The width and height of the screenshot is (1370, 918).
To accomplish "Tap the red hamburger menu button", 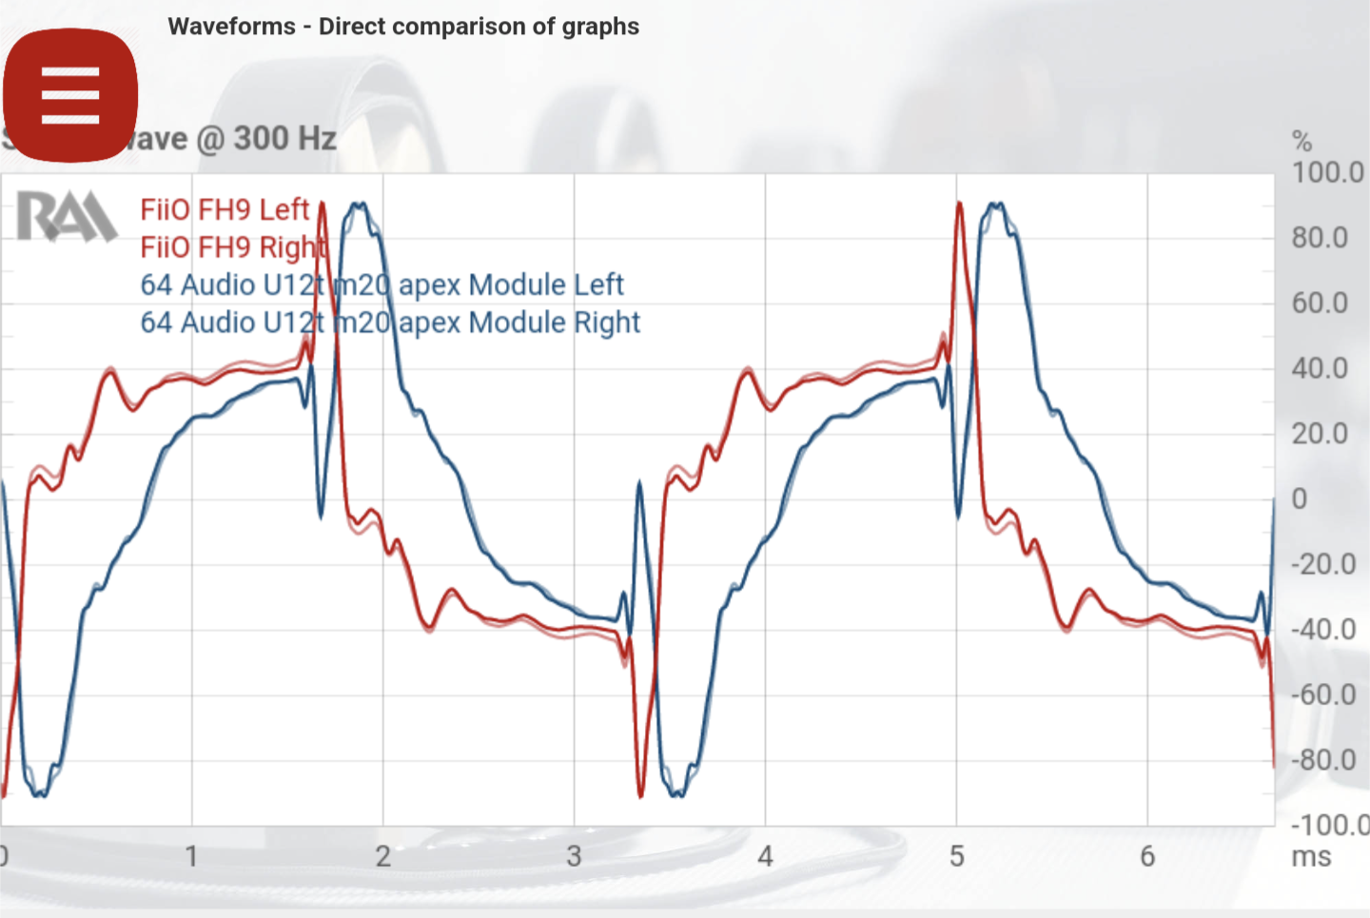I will [x=70, y=95].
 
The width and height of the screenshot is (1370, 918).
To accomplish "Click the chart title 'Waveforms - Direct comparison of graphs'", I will [x=403, y=27].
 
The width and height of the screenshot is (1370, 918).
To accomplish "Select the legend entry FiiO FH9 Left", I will [x=225, y=209].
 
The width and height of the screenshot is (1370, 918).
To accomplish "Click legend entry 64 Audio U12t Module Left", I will [x=382, y=284].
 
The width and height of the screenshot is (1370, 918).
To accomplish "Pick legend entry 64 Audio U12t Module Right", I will [x=390, y=322].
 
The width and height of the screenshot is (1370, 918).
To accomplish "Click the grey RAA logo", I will [x=67, y=216].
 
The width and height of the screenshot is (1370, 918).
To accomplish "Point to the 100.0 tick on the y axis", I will [x=1327, y=173].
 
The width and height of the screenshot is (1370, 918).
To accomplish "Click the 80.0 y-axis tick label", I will [x=1320, y=238].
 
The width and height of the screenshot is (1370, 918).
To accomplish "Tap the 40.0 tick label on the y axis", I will [x=1320, y=368].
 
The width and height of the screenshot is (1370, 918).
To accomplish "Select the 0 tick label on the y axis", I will [x=1300, y=498].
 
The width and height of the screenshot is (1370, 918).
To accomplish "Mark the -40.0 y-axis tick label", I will [x=1322, y=630].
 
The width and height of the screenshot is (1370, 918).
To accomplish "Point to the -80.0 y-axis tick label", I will [x=1322, y=760].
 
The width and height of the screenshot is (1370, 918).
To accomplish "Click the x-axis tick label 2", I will [x=383, y=856].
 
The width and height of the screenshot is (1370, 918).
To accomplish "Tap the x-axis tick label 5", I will [x=956, y=856].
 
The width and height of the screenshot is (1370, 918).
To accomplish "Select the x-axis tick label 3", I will [x=575, y=856].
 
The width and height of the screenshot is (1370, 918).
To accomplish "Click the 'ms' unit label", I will [x=1311, y=856].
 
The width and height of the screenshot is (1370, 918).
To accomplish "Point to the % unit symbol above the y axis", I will [x=1301, y=142].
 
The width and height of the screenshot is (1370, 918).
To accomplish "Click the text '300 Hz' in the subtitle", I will [x=284, y=139].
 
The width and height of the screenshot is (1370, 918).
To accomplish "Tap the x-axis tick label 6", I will [x=1147, y=856].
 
